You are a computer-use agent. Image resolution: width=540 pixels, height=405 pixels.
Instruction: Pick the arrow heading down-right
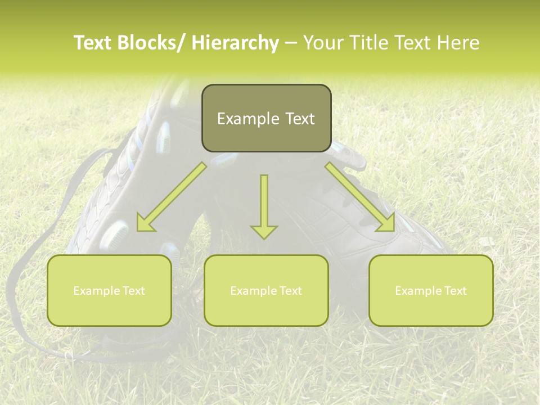(361, 197)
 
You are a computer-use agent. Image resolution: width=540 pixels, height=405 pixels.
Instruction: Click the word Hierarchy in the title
(235, 43)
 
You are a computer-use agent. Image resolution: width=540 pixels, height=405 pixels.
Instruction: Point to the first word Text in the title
(93, 43)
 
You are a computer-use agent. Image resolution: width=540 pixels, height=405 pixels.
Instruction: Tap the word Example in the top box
(247, 119)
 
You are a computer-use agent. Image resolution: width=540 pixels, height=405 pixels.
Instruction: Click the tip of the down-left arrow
(138, 229)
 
